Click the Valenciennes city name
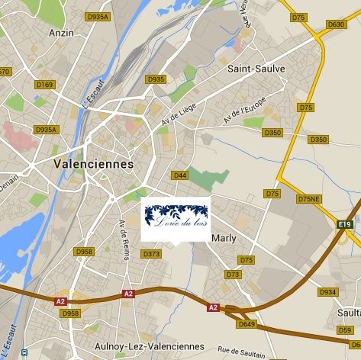[x=94, y=164]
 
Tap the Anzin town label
[x=61, y=33]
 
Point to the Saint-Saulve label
[x=256, y=69]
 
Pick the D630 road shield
[x=336, y=24]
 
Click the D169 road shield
[x=45, y=85]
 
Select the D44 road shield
[x=180, y=175]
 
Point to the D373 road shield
[x=152, y=254]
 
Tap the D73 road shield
[x=233, y=275]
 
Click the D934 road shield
[x=327, y=292]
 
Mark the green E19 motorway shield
[x=345, y=224]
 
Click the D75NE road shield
[x=309, y=198]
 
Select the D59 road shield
[x=345, y=330]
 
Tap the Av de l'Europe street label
[x=244, y=111]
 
